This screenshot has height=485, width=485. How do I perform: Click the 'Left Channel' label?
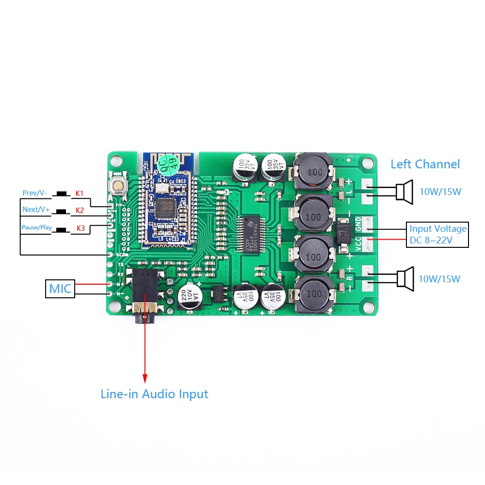tap(425, 164)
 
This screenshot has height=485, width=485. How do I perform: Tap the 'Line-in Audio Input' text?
tap(154, 394)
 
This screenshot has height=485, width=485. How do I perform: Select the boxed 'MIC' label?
tap(60, 289)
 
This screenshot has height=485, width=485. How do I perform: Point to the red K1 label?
tap(80, 193)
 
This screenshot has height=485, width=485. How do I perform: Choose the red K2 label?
tap(80, 210)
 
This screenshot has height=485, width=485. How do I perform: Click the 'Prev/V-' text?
tap(35, 193)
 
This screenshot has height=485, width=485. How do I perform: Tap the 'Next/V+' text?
tap(35, 210)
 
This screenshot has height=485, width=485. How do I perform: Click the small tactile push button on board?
tap(117, 186)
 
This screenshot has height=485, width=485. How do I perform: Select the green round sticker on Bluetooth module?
tap(169, 162)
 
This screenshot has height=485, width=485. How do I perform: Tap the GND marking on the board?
tap(358, 224)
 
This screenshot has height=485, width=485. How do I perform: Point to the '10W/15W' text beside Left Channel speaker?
tap(440, 192)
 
